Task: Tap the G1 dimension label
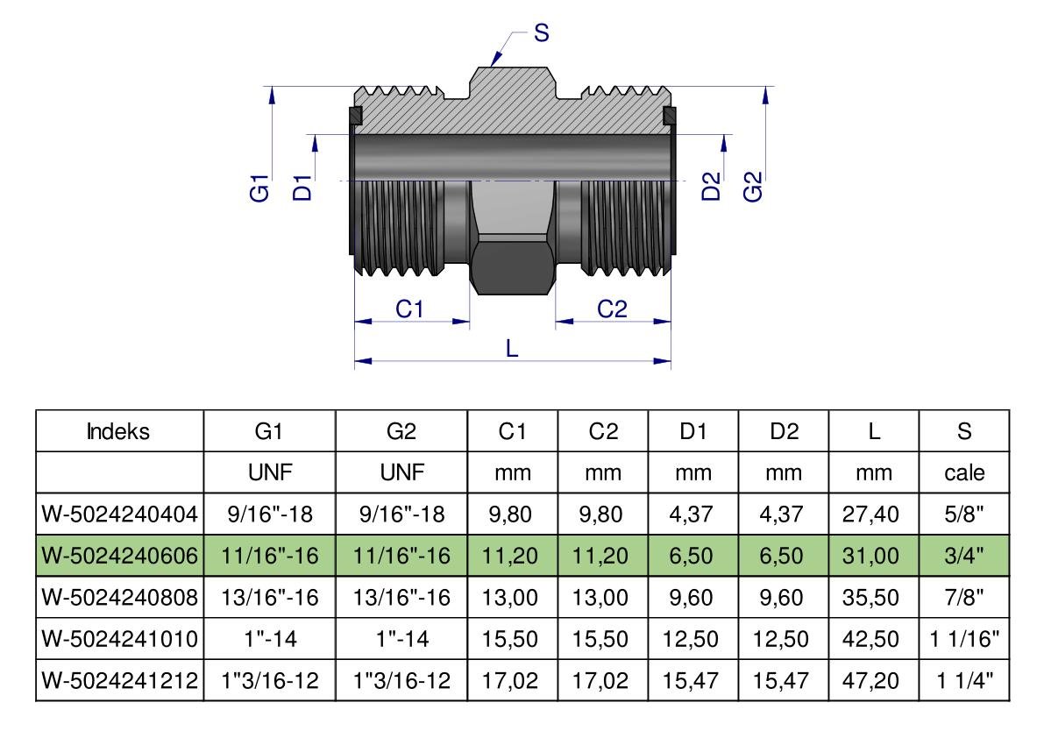[259, 188]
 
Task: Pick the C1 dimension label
[410, 309]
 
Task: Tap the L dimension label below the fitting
[513, 347]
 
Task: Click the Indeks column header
[120, 431]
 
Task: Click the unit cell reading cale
[964, 473]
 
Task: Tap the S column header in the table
[964, 431]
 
